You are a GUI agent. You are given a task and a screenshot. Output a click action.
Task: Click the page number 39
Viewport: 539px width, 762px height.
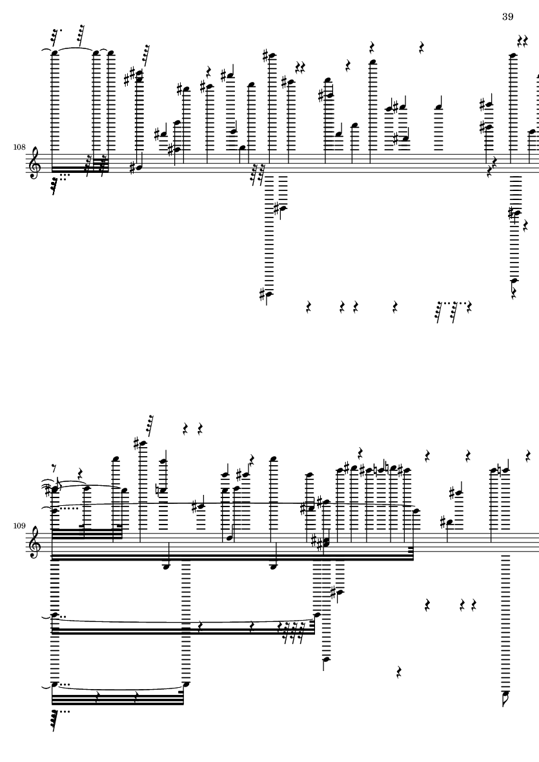[x=507, y=17]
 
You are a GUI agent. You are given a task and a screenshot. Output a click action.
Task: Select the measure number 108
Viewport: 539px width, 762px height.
[x=19, y=146]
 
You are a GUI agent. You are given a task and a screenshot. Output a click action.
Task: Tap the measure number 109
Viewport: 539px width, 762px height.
[x=19, y=525]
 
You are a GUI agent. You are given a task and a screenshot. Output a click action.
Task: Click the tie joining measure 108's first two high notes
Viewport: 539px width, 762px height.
[x=76, y=48]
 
